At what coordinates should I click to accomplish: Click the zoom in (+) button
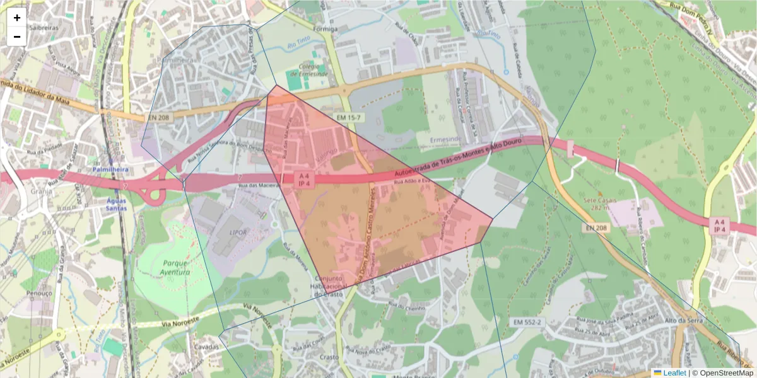click(17, 18)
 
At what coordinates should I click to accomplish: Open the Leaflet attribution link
click(674, 373)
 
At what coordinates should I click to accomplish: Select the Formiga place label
click(326, 29)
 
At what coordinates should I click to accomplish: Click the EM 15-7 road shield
click(348, 118)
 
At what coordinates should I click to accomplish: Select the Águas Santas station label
click(116, 204)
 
